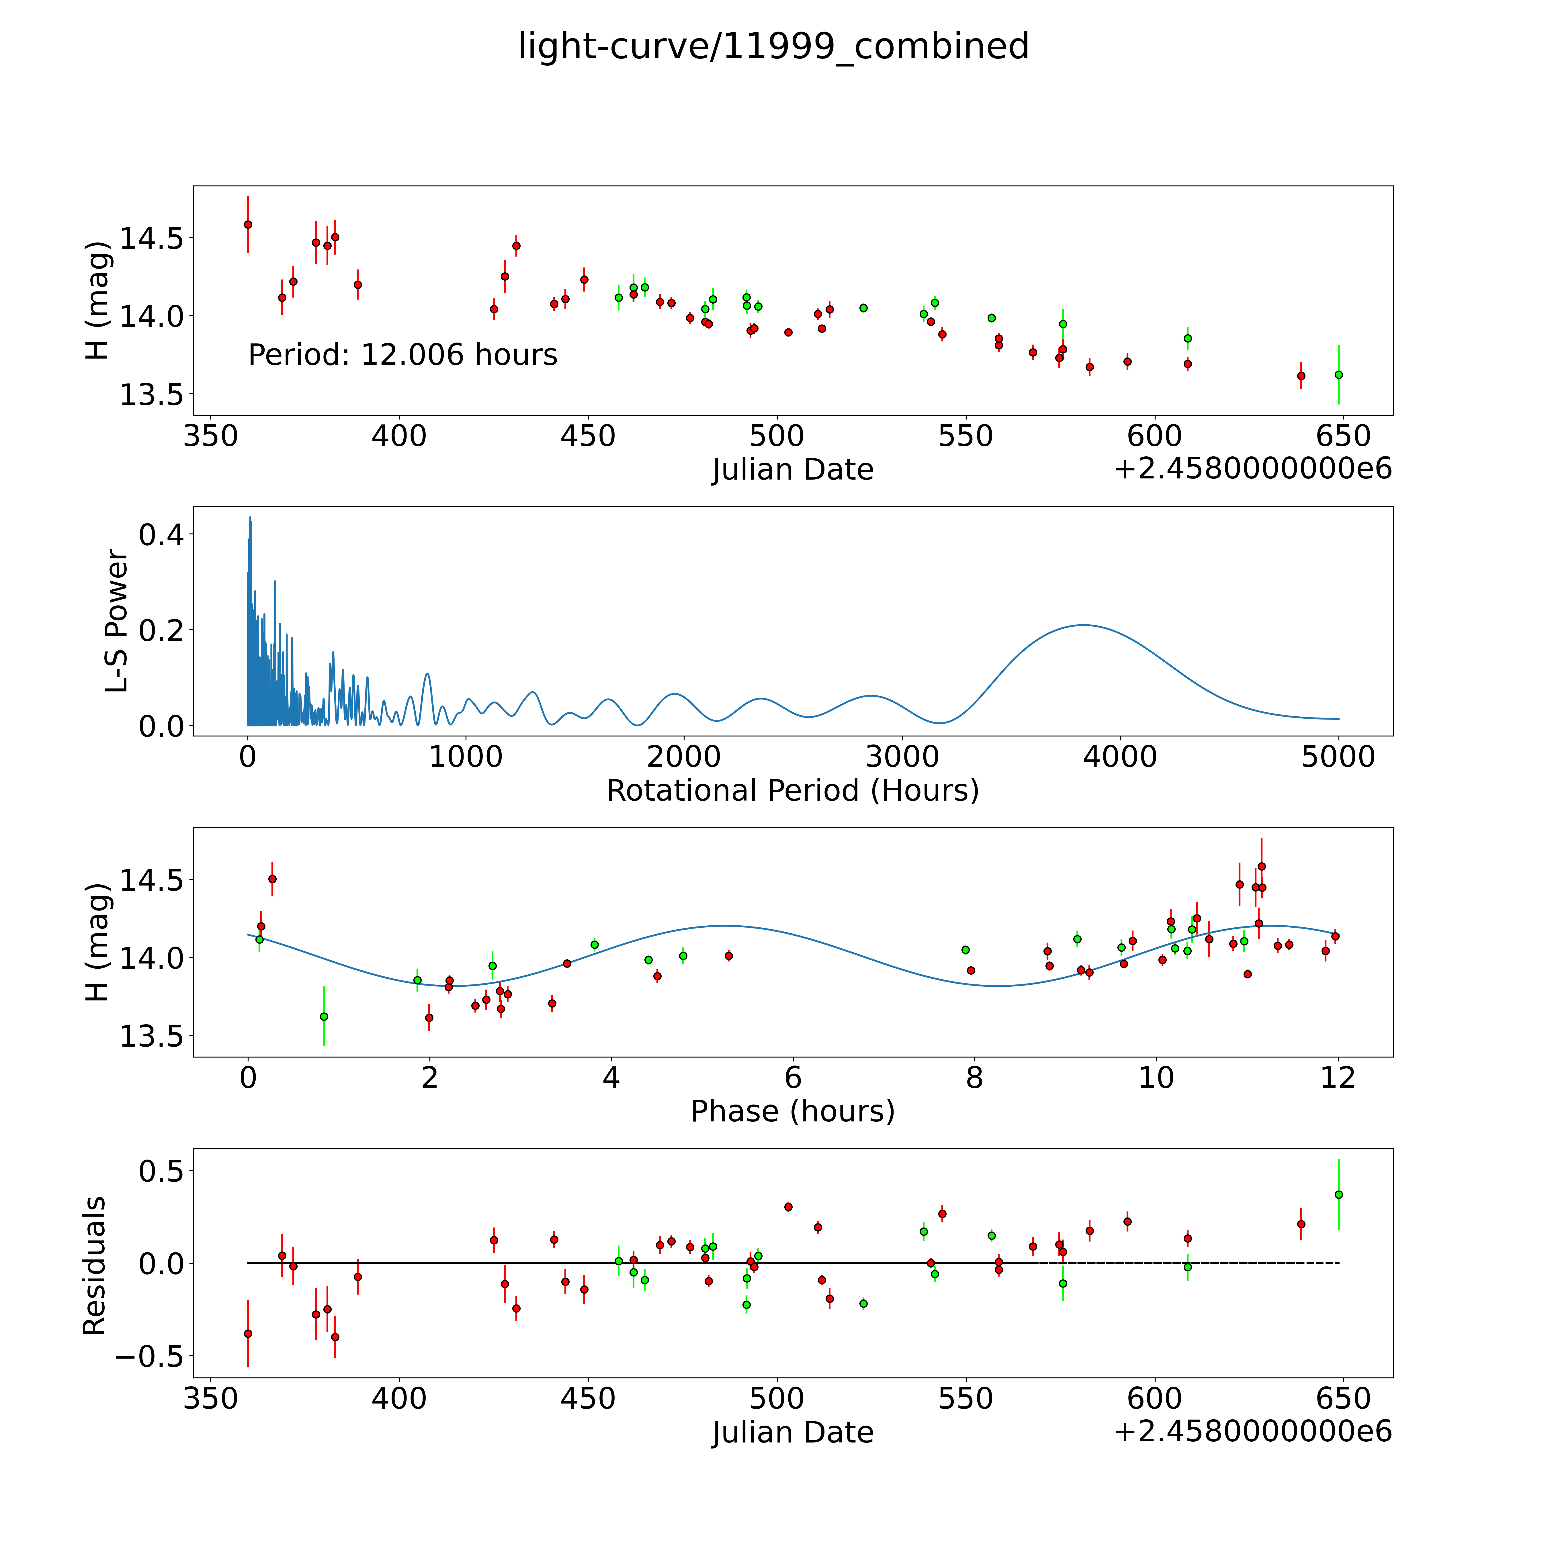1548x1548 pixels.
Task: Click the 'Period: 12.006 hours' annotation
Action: point(402,355)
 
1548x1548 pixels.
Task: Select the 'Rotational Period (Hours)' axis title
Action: point(792,791)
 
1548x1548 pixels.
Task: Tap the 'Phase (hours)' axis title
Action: point(792,1111)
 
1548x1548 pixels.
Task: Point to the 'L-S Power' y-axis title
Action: point(117,621)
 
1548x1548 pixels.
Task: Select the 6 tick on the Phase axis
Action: point(792,1078)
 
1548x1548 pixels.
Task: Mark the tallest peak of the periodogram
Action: point(250,518)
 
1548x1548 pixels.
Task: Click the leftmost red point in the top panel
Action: point(248,224)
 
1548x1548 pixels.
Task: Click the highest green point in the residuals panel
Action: point(1338,1217)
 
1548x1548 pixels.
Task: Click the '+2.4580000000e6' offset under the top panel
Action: point(1252,470)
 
